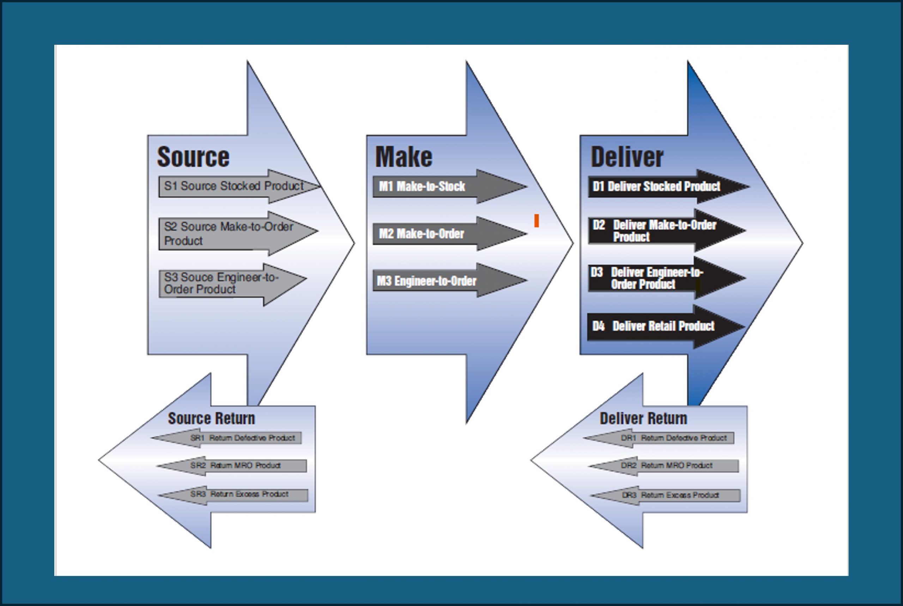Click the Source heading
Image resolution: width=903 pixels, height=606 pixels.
pyautogui.click(x=193, y=157)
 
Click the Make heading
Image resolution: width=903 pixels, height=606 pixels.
pyautogui.click(x=404, y=157)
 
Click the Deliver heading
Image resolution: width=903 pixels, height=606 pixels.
pyautogui.click(x=627, y=157)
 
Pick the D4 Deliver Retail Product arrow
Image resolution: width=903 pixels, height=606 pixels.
pyautogui.click(x=656, y=326)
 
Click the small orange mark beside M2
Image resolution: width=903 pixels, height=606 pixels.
pyautogui.click(x=537, y=221)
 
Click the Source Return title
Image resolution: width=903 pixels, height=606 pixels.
pyautogui.click(x=211, y=419)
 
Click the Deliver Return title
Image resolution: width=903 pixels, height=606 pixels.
pyautogui.click(x=643, y=419)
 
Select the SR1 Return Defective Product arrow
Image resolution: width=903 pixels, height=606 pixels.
pyautogui.click(x=240, y=438)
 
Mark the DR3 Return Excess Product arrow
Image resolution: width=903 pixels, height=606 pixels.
pyautogui.click(x=672, y=496)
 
